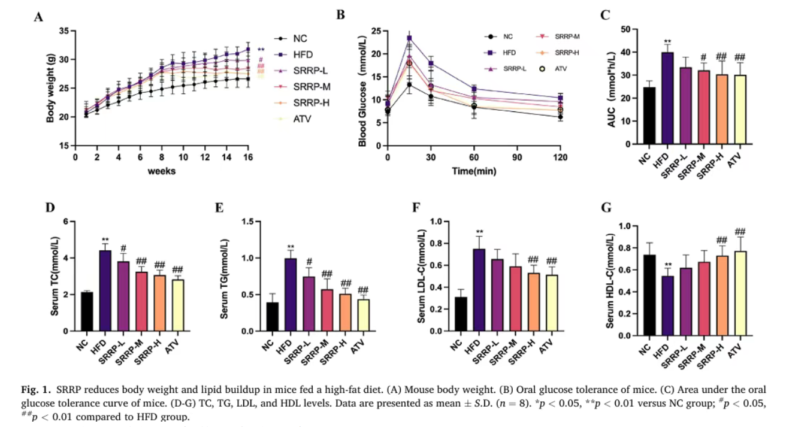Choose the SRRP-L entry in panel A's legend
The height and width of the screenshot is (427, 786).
(306, 71)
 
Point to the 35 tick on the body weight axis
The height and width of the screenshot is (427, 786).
(64, 31)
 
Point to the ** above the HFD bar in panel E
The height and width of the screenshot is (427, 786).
(290, 247)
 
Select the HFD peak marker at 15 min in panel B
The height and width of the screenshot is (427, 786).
(409, 38)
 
